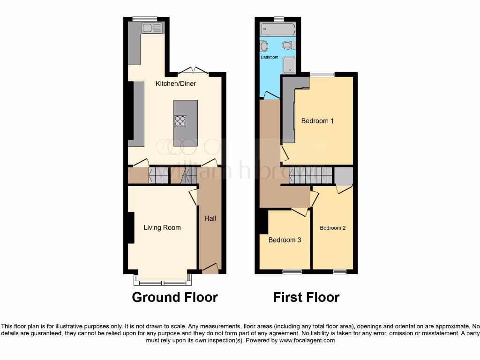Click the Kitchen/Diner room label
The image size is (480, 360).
point(176,84)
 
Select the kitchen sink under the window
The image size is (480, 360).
point(153,28)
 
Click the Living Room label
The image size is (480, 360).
point(162,228)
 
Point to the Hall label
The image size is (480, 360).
point(210,218)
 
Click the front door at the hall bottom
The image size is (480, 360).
point(210,269)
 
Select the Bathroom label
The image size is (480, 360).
point(269,57)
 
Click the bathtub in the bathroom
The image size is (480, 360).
point(278,29)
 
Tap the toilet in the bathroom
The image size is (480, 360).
point(289,45)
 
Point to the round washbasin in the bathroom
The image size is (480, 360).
point(264,46)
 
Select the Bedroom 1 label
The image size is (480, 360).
point(317,121)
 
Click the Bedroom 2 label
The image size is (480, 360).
point(333,228)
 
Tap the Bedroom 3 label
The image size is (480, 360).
point(285,240)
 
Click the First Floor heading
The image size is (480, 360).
point(306,297)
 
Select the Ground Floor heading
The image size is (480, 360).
point(175,297)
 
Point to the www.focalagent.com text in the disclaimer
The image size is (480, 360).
point(307,340)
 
